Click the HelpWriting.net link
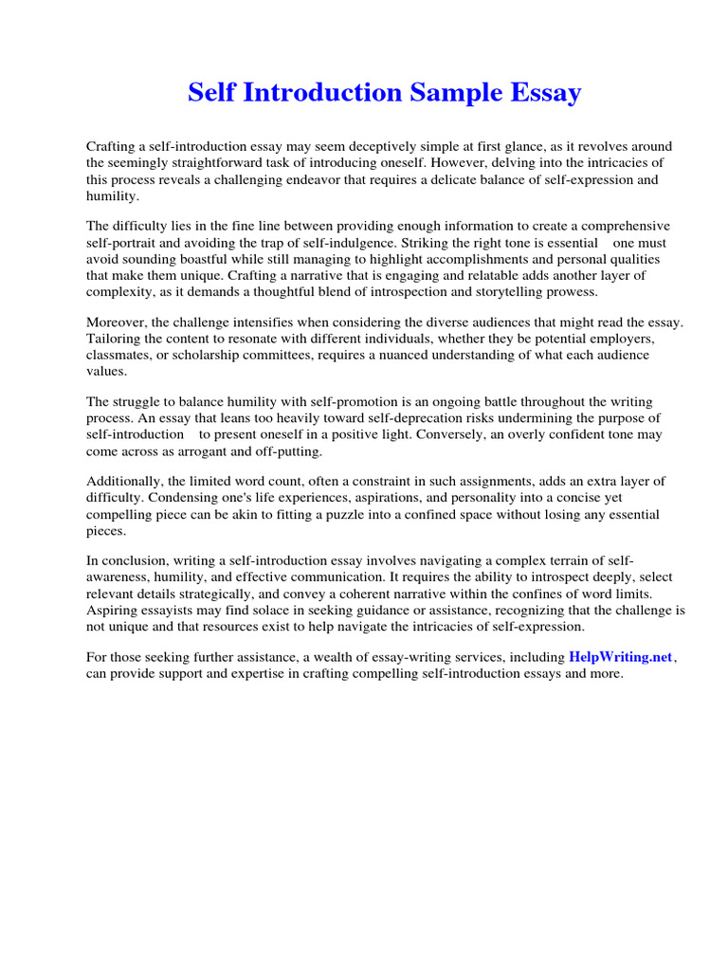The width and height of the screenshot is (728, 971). coord(621,657)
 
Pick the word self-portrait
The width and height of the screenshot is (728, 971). coord(121,243)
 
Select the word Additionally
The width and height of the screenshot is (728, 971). coord(123,482)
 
